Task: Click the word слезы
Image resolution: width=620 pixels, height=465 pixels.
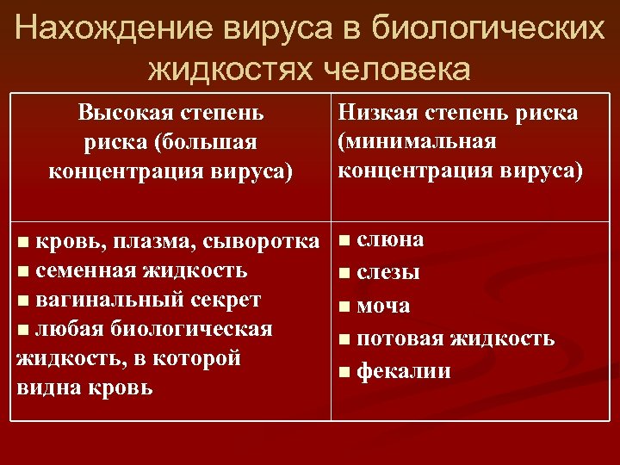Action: pos(388,274)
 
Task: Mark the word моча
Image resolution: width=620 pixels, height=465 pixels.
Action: pos(382,307)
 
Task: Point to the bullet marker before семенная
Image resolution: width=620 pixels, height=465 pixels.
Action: pos(22,272)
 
